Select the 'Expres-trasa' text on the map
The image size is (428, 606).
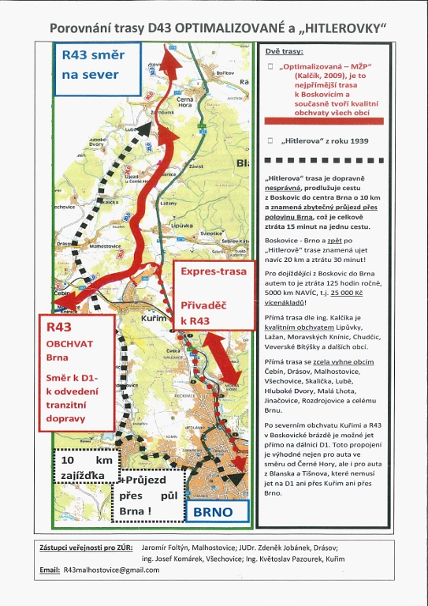214,271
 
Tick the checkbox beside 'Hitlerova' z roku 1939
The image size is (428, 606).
270,140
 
